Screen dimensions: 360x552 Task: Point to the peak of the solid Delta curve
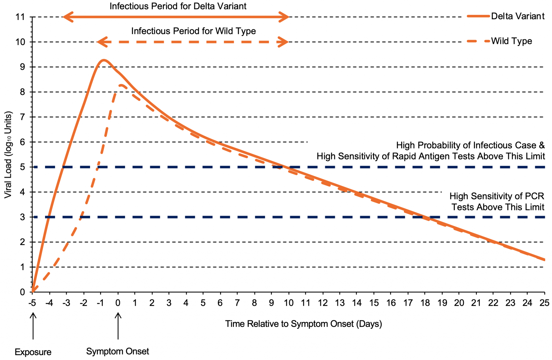103,60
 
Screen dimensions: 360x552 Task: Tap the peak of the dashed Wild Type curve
122,85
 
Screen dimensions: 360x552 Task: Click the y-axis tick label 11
20,17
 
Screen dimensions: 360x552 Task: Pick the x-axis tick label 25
544,303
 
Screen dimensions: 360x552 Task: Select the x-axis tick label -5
32,303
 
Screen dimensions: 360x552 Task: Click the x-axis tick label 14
357,303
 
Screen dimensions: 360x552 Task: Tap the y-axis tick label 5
22,167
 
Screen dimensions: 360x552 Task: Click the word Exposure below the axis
33,352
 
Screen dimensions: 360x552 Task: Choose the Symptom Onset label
118,351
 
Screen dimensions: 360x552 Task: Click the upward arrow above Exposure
33,325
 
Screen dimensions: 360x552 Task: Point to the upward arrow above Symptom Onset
118,325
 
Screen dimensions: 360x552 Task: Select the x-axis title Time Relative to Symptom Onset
303,324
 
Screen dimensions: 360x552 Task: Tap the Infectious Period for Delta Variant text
178,6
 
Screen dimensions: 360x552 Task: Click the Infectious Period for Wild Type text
194,31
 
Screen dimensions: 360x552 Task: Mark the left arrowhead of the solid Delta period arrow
67,17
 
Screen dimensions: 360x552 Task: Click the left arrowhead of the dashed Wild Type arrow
102,42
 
